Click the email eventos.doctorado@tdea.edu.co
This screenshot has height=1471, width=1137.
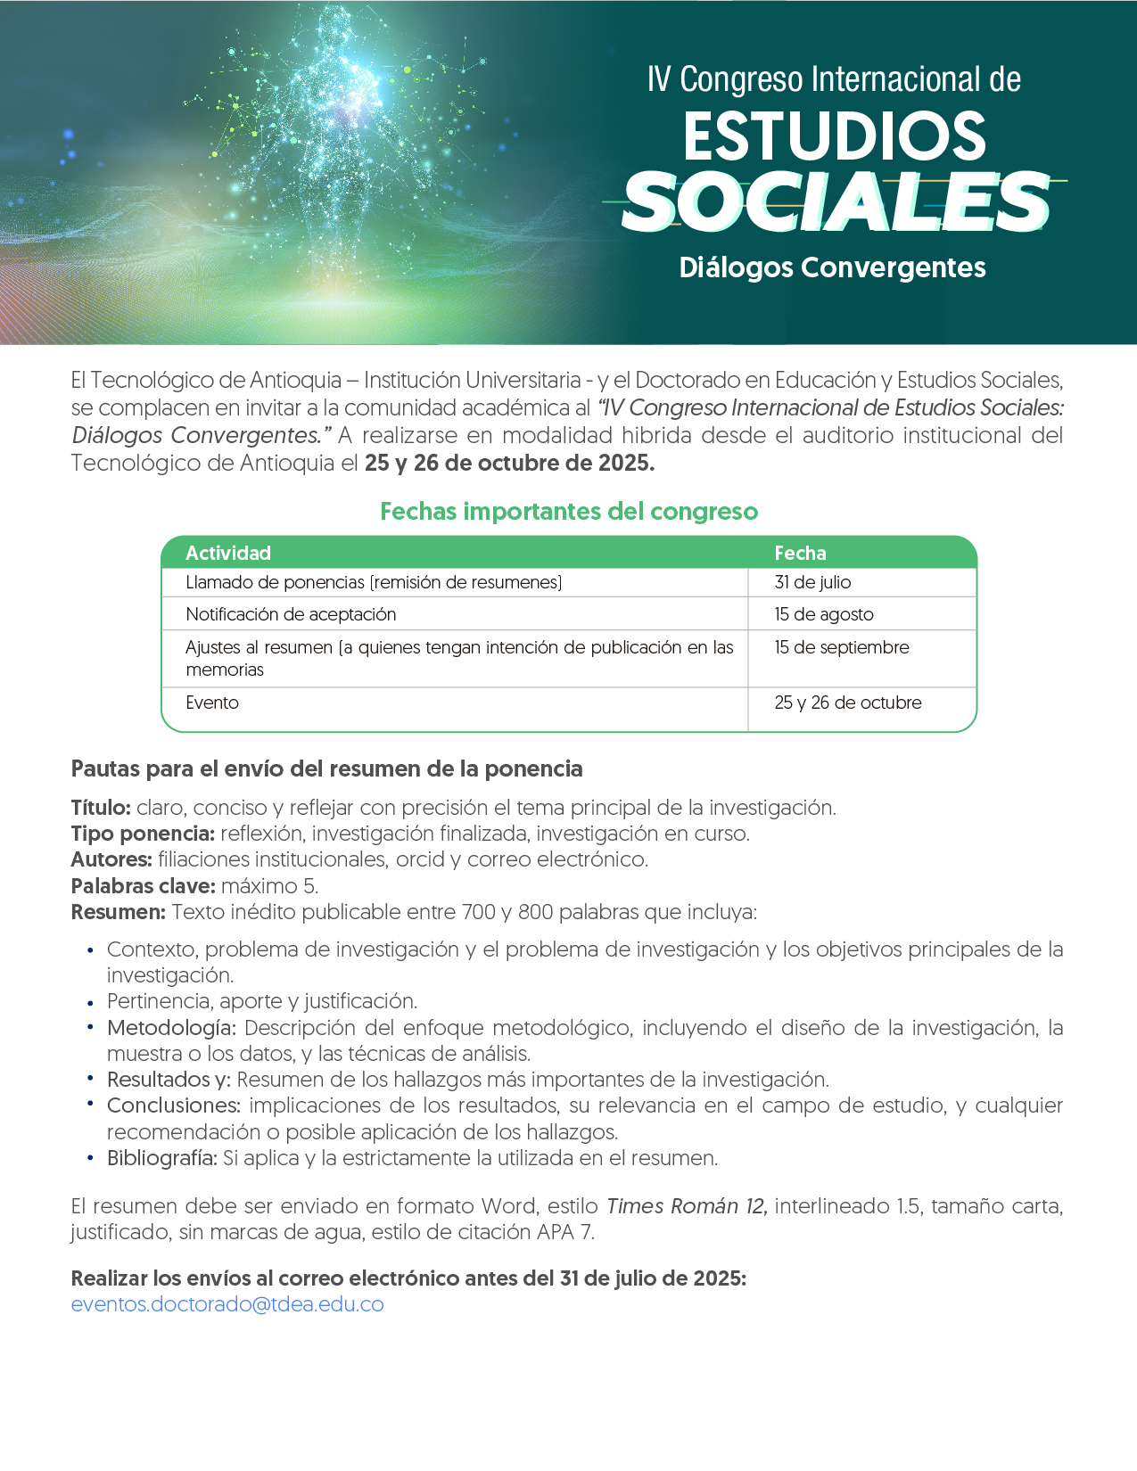(x=227, y=1304)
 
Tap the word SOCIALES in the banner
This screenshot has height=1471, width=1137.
(x=836, y=203)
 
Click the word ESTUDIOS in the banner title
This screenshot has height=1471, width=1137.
(x=835, y=136)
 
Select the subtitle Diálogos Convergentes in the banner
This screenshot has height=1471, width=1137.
(x=832, y=267)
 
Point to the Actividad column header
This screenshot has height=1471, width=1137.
(x=228, y=553)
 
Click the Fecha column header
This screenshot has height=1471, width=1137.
(x=800, y=553)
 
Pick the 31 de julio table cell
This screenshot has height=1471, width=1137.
(x=812, y=582)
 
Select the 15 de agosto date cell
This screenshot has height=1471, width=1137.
(x=824, y=614)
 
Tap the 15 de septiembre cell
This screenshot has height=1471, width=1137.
(x=842, y=647)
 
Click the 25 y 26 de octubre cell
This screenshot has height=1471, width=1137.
(x=848, y=703)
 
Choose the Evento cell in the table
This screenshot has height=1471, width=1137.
(x=212, y=703)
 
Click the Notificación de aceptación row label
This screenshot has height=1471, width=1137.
(x=291, y=614)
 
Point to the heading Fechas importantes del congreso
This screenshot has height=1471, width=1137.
(x=569, y=512)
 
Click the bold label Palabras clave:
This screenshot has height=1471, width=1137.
(x=143, y=886)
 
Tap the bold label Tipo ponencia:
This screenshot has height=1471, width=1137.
(x=143, y=834)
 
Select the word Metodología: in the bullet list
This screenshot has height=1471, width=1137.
(x=171, y=1028)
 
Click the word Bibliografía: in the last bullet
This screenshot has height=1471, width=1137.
(x=162, y=1158)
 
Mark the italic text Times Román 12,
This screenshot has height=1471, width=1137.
(x=687, y=1206)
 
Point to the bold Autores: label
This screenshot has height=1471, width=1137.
(x=111, y=859)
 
